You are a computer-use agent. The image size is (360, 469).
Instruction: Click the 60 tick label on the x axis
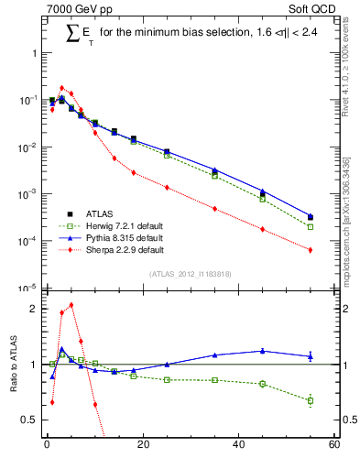pyautogui.click(x=333, y=446)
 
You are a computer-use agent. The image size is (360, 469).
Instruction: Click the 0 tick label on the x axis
pyautogui.click(x=47, y=446)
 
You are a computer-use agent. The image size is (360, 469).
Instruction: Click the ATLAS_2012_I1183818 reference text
pyautogui.click(x=190, y=274)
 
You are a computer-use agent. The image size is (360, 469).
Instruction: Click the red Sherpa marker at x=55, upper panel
pyautogui.click(x=311, y=250)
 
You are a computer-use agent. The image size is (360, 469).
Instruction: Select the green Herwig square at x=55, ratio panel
pyautogui.click(x=311, y=400)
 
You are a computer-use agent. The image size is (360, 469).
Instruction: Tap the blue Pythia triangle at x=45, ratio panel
pyautogui.click(x=263, y=350)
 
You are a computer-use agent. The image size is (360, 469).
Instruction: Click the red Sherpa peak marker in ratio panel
pyautogui.click(x=71, y=305)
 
